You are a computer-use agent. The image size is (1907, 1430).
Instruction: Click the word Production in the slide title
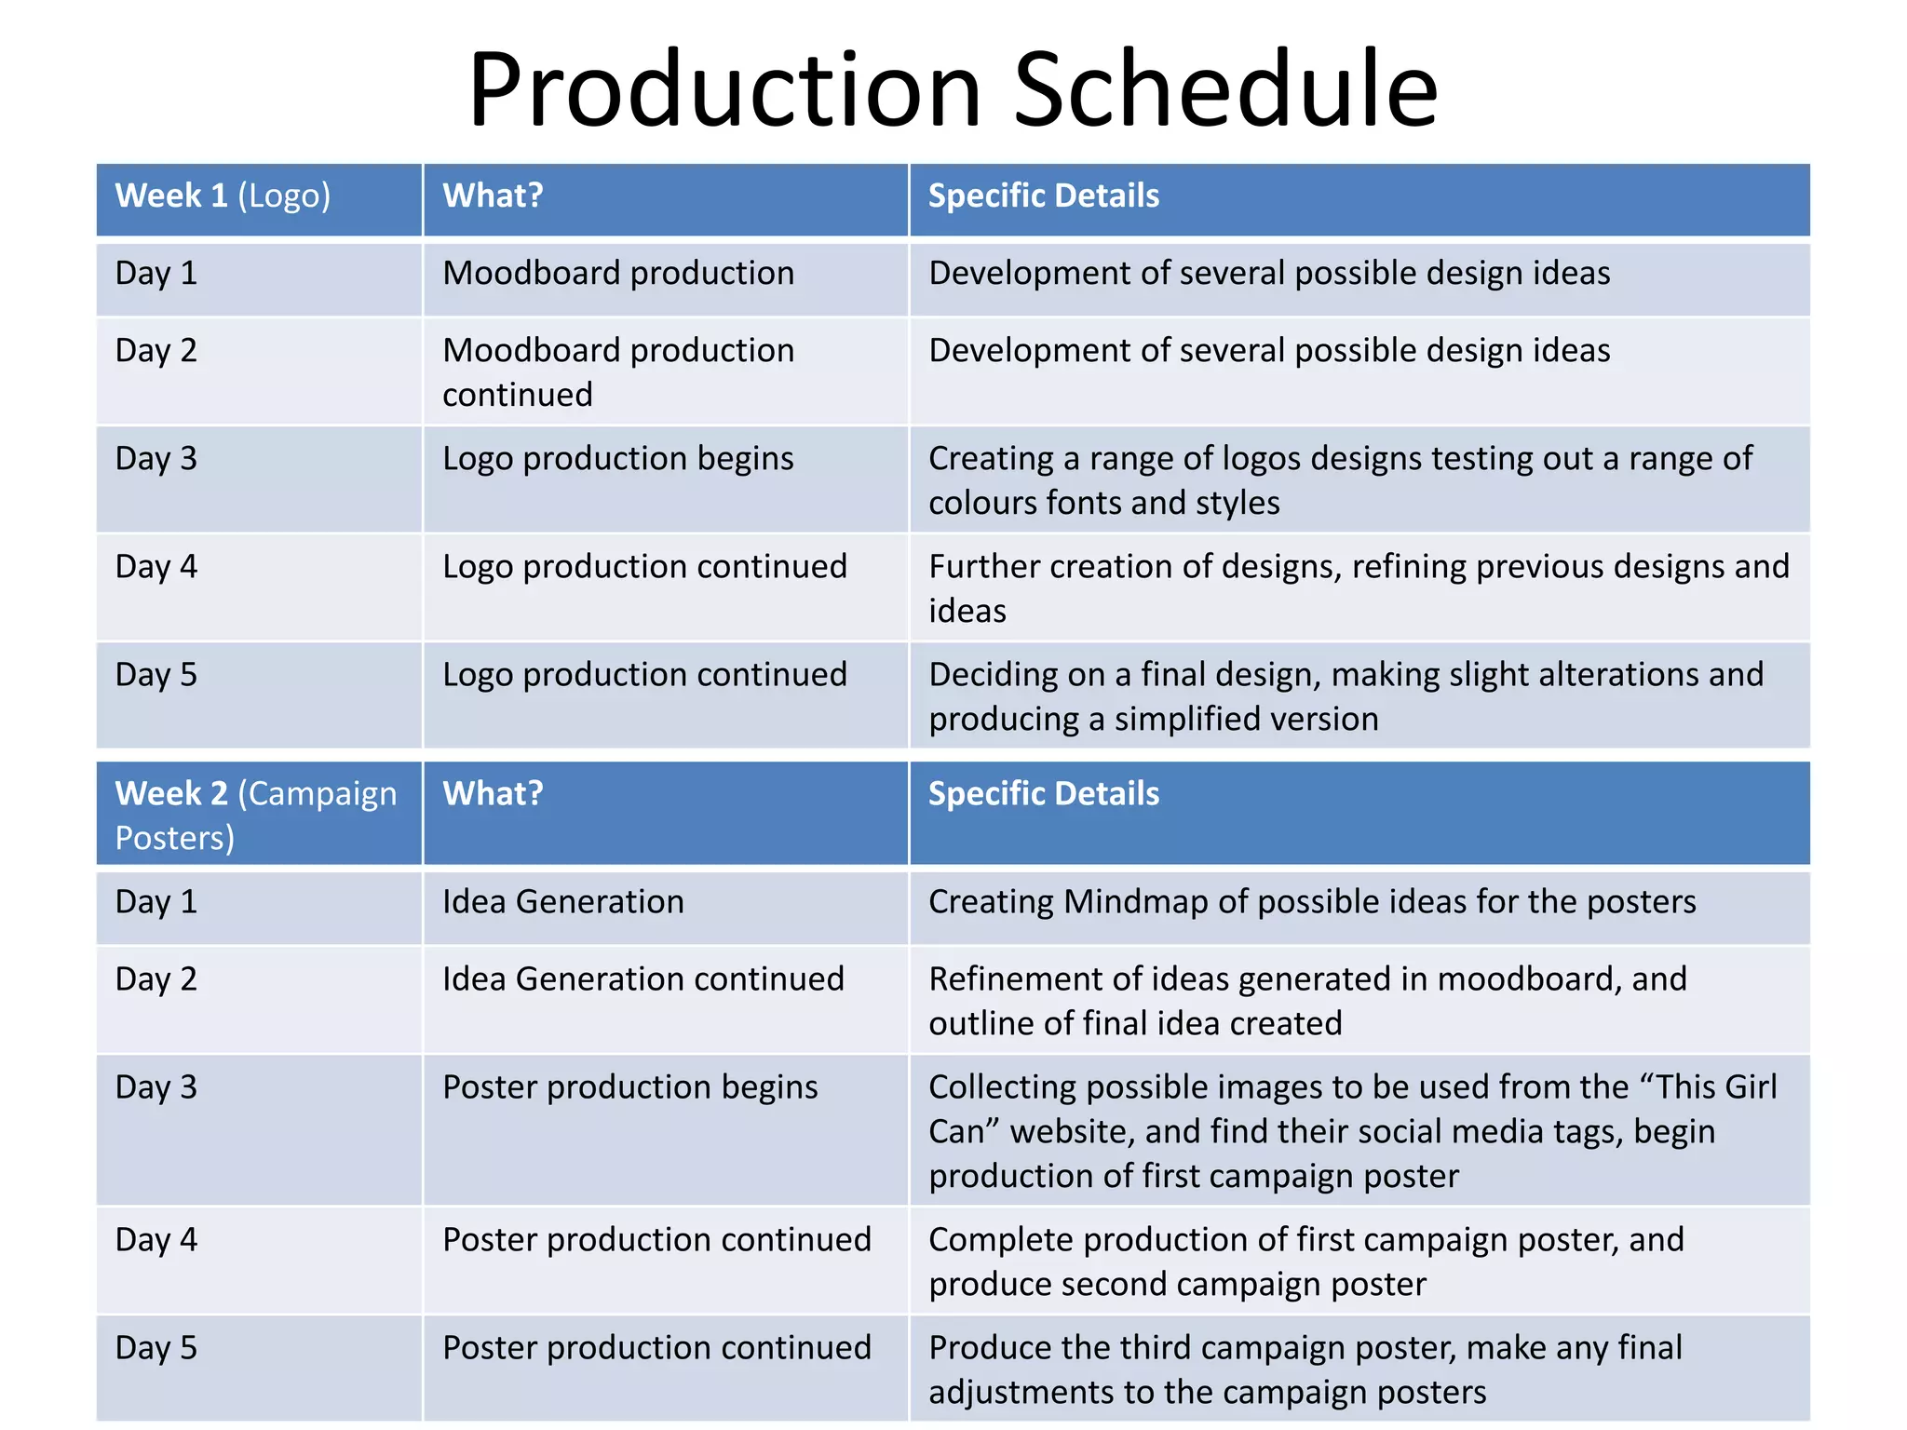(x=725, y=90)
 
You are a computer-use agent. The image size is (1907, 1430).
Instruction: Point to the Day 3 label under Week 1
(x=156, y=459)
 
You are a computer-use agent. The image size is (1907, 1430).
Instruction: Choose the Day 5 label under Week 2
(x=156, y=1348)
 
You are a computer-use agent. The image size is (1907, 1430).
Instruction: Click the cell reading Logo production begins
(x=617, y=459)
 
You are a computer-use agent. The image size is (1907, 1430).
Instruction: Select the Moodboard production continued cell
(x=617, y=372)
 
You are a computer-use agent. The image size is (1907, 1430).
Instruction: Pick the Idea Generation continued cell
(x=642, y=979)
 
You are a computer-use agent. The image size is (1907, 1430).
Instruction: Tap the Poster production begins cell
(x=629, y=1087)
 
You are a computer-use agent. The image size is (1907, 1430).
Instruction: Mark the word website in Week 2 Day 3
(x=1071, y=1132)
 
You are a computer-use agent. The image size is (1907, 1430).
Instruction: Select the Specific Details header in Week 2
(x=1044, y=794)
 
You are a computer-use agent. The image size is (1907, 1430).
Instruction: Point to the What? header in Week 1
(x=493, y=196)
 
